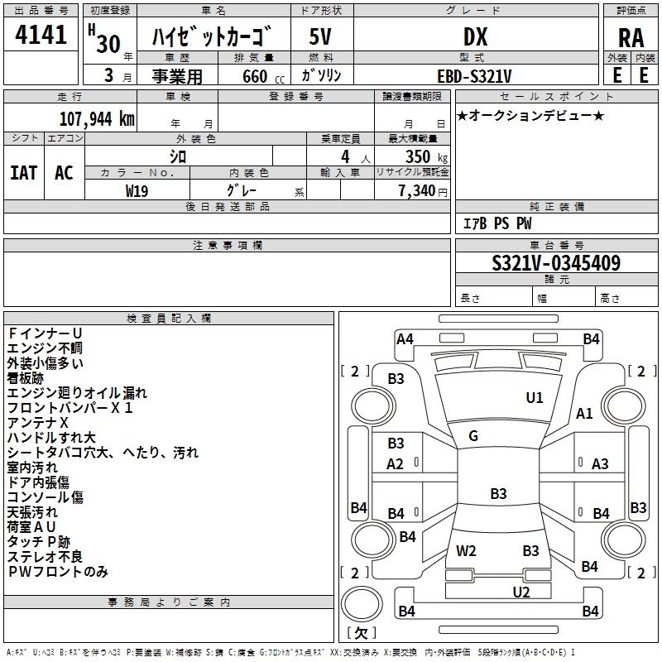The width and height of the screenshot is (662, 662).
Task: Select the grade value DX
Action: point(475,36)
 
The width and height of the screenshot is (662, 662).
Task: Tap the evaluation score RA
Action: point(631,37)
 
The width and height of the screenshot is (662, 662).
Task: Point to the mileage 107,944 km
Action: point(97,118)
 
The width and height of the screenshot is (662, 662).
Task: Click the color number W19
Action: point(137,189)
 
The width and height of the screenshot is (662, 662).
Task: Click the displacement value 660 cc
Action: point(255,76)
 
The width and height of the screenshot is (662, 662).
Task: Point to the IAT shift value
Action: point(23,172)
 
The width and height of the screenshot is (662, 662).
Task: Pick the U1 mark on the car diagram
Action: point(535,398)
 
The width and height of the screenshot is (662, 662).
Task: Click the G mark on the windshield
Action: point(473,436)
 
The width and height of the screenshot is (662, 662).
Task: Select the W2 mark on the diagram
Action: point(466,550)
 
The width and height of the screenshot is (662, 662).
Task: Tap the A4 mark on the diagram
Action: point(405,338)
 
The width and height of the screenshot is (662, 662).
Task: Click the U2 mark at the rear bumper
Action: point(520,592)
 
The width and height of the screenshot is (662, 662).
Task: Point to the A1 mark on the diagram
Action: point(584,414)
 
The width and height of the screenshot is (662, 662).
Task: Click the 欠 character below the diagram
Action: point(360,633)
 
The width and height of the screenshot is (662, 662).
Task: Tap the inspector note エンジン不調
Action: point(45,348)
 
